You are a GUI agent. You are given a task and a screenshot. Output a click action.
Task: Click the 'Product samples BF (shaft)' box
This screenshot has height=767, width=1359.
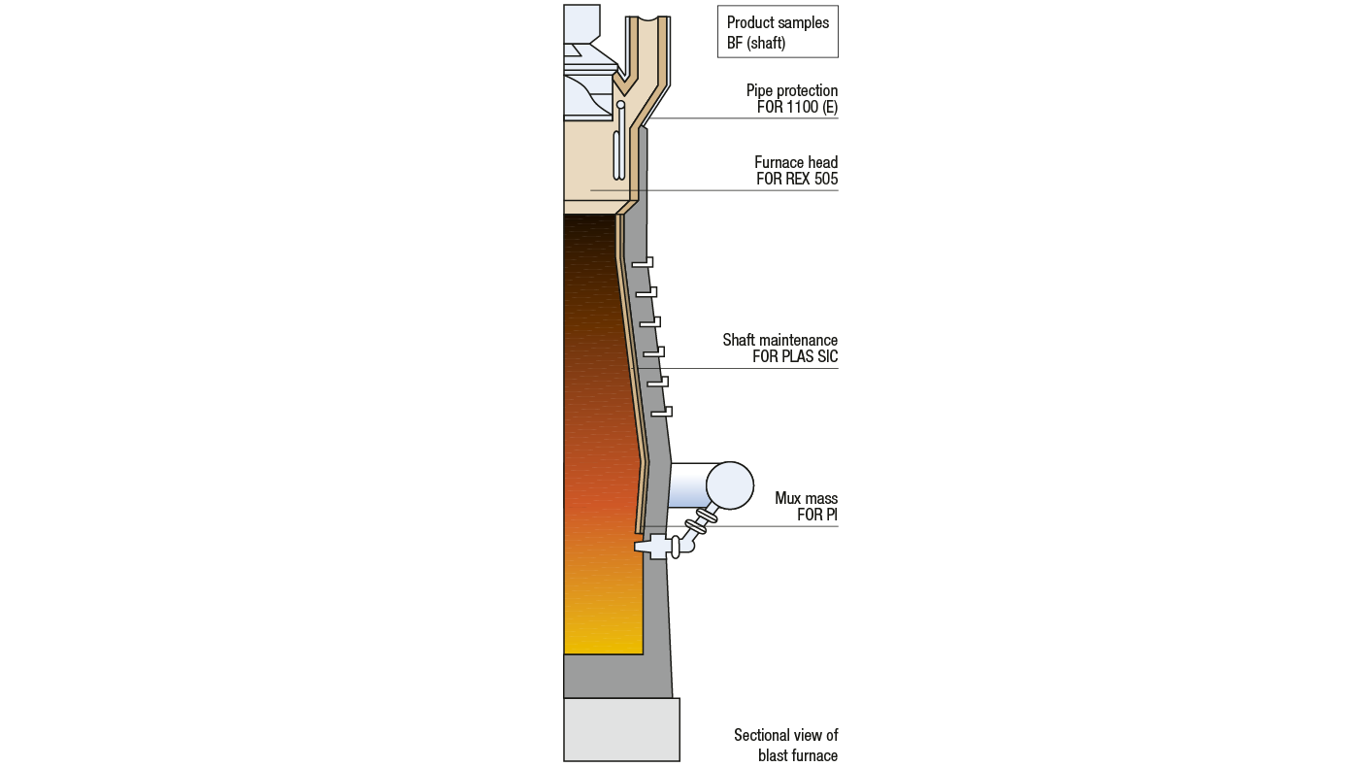pos(778,32)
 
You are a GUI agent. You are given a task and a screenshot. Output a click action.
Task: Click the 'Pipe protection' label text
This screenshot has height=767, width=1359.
pos(791,90)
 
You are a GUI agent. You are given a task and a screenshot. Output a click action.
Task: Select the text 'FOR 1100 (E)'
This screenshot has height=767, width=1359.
pos(797,108)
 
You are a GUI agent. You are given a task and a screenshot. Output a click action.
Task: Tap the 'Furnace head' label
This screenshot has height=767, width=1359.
pos(796,162)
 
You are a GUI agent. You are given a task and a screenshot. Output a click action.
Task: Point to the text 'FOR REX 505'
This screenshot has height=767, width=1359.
pos(797,179)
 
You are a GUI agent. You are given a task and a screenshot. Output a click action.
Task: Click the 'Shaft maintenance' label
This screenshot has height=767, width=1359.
pos(779,340)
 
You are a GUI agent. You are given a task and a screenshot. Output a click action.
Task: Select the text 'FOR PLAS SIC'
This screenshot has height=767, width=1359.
pos(795,356)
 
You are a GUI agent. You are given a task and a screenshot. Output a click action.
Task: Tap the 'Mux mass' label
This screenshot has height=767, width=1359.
pos(806,498)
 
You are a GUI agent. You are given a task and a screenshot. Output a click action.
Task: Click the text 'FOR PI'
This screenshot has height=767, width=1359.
pos(817,515)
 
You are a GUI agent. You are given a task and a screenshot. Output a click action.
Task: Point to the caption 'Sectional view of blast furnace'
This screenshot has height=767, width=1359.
pos(785,745)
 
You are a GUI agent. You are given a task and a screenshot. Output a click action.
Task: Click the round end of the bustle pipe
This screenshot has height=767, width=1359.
pos(729,484)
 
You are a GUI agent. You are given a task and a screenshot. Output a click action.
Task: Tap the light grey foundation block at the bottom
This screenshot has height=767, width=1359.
pos(621,729)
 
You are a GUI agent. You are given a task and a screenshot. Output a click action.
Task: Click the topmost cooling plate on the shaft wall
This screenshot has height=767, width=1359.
pos(643,262)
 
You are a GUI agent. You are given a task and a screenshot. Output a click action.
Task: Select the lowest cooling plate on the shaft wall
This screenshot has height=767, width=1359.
pos(661,412)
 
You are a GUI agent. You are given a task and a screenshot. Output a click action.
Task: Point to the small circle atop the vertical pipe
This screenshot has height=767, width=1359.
pos(621,105)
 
